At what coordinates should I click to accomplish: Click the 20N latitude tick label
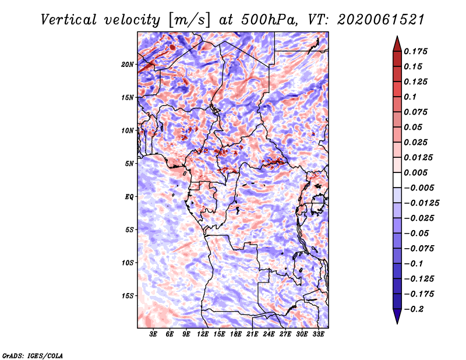coord(128,65)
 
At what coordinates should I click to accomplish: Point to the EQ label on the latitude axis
coord(129,197)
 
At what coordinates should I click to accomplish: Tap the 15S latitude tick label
coord(128,296)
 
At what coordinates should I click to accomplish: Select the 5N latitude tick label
coord(129,164)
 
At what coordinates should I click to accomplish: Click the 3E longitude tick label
coord(153,334)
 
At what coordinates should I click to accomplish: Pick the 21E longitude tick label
coord(252,334)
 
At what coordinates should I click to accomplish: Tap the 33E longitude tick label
coord(318,334)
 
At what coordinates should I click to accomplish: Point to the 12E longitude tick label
coord(203,334)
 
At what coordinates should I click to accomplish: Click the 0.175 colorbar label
coord(415,51)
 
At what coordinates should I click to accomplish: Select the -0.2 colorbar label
coord(414,309)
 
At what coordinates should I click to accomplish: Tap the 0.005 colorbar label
coord(415,172)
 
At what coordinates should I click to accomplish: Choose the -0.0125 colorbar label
coord(421,203)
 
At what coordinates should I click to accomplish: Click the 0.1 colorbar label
coord(410,97)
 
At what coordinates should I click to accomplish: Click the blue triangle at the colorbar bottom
coord(397,316)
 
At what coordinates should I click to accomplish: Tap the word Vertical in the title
coord(69,20)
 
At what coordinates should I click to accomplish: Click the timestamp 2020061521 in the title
coord(381,20)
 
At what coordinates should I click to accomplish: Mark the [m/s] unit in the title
coord(189,20)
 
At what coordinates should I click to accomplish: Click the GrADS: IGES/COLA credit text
coord(33,355)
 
